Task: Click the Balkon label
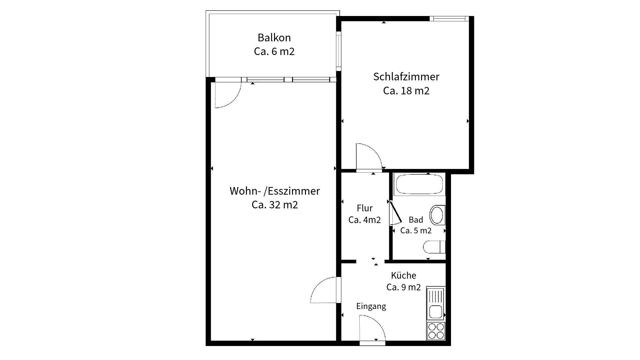(274, 37)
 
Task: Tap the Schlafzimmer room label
(406, 77)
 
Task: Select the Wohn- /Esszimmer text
(275, 191)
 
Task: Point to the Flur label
(365, 208)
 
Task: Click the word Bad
(416, 220)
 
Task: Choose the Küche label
(403, 275)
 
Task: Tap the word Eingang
(371, 306)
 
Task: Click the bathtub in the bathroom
(419, 184)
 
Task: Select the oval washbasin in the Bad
(437, 215)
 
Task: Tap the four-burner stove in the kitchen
(436, 331)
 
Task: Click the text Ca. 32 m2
(275, 205)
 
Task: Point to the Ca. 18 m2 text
(406, 91)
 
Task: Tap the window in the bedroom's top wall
(449, 19)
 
